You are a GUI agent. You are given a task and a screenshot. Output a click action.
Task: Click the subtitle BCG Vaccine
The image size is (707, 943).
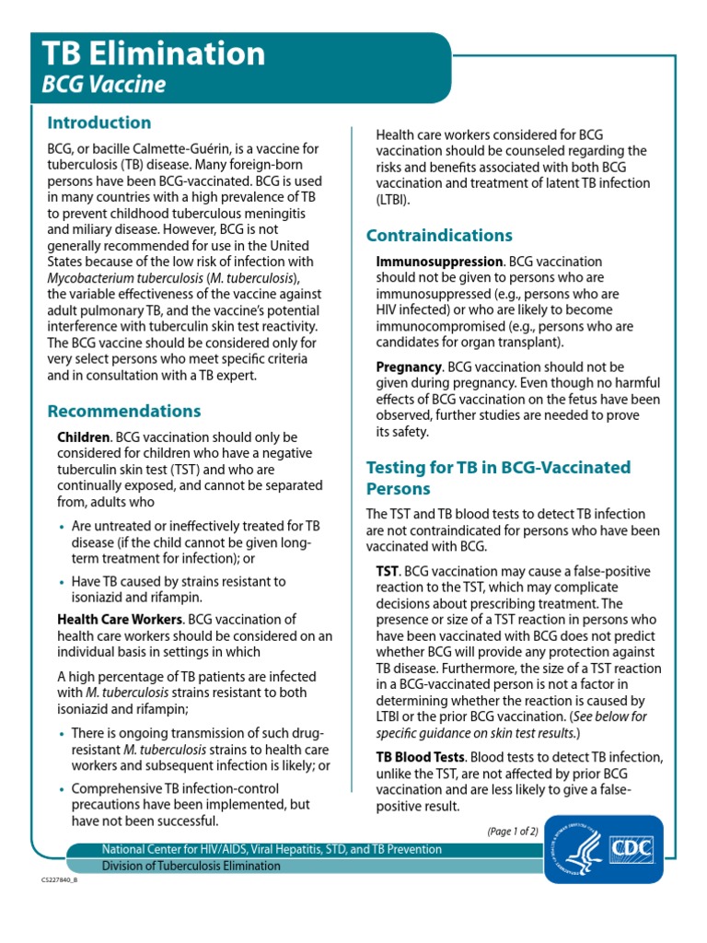104,86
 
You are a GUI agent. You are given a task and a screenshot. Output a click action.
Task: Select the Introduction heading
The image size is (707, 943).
99,122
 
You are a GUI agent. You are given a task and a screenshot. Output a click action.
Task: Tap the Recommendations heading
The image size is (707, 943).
124,411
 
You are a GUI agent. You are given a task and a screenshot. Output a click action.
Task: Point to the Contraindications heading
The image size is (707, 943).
439,235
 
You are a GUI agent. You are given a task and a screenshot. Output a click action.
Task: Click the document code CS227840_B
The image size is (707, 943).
60,880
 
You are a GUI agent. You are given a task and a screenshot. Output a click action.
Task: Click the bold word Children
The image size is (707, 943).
84,437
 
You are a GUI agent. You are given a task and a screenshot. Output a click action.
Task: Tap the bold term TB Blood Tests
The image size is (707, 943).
421,757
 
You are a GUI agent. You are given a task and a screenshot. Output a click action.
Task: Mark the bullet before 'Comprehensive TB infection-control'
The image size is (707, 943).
62,789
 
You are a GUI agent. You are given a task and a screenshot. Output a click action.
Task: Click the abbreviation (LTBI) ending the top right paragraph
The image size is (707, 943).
393,199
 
